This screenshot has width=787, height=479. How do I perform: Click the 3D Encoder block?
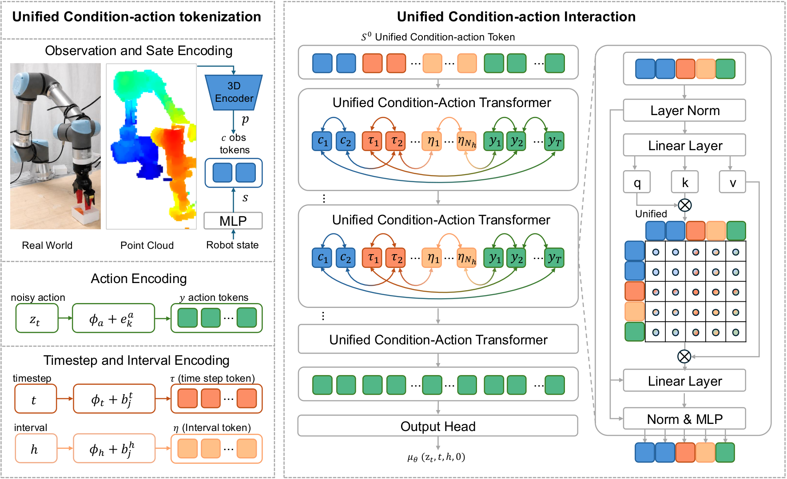coord(234,92)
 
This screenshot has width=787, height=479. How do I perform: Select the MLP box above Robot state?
coord(233,221)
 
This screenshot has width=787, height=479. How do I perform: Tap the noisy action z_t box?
coord(37,318)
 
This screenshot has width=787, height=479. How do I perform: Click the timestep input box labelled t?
coord(36,399)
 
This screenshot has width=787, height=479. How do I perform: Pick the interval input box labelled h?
coord(36,449)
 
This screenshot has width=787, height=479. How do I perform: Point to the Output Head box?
coord(438,426)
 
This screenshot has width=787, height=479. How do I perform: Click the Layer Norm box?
coord(684,110)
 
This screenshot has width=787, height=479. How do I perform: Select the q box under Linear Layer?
coord(637,182)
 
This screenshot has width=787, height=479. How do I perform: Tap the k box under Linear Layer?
coord(685,182)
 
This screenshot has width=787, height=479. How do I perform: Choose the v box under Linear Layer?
coord(732,182)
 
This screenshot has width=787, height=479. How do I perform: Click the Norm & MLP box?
coord(684,419)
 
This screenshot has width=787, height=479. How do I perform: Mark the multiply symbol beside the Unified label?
coord(685,205)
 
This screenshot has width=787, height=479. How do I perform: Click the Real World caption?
coord(47,245)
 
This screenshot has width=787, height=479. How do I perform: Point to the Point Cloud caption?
coord(147,245)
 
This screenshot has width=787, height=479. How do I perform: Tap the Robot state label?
coord(232,245)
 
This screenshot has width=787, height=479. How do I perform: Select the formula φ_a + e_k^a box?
coord(114,318)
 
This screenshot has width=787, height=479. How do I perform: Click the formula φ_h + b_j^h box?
coord(114,449)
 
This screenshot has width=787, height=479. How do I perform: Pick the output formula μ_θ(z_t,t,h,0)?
coord(436,457)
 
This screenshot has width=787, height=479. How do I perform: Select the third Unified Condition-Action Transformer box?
coord(438,339)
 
